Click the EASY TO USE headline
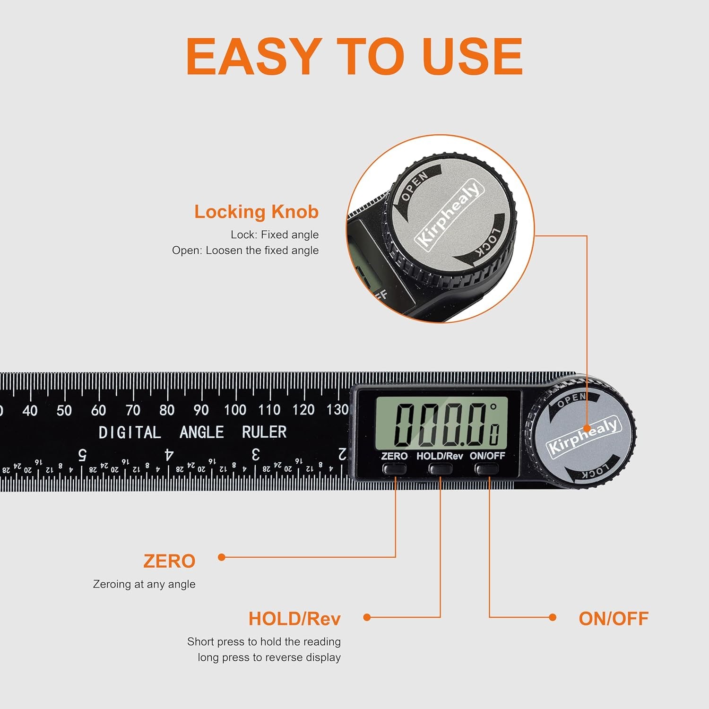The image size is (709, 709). pos(354,57)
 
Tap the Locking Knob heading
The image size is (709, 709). pos(256,212)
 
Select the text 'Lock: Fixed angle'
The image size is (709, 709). pos(275,235)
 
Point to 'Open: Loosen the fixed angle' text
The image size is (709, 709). pos(245,251)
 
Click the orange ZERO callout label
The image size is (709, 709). pos(169,562)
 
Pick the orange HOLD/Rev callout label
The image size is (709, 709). pos(294,619)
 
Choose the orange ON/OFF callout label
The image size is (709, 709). pos(614,619)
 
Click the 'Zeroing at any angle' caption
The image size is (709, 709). pos(144,584)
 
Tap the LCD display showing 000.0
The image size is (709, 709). pos(441,424)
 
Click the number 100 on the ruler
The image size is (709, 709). pos(235,410)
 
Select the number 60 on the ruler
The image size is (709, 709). pos(98,410)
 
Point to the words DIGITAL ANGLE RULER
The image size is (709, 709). pos(192,432)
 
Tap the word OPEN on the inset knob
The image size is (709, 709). pos(414,186)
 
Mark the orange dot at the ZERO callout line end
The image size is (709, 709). pos(221,557)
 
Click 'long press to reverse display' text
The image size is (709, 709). pos(269,657)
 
